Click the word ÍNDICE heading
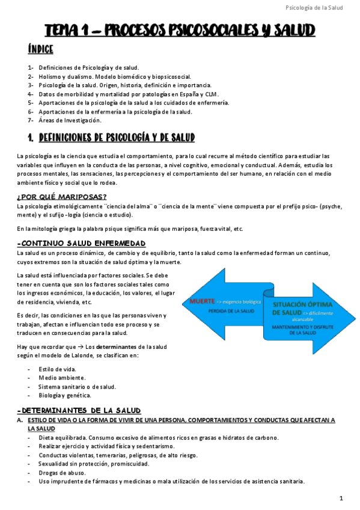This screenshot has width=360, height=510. tap(41, 49)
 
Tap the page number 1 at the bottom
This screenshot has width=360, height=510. tap(341, 498)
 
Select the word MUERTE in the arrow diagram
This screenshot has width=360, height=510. tap(203, 300)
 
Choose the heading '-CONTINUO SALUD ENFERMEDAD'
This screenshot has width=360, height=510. tap(82, 243)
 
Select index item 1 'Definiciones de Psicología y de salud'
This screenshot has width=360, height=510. tap(88, 67)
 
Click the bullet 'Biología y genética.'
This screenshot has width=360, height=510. tap(64, 395)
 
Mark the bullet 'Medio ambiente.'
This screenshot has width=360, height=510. tap(58, 378)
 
